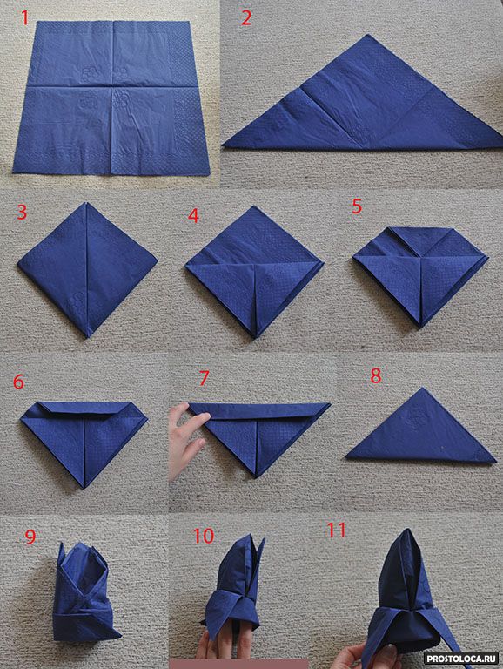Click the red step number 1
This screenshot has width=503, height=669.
click(24, 18)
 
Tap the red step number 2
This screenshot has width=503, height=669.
click(246, 18)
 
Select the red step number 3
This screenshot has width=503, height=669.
click(22, 212)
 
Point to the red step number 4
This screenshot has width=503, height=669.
click(193, 216)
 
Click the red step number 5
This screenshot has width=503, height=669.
click(357, 206)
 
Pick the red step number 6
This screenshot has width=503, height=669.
click(18, 382)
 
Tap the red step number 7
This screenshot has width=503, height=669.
click(205, 378)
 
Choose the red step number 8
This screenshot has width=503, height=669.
click(376, 376)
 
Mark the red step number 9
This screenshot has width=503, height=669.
click(30, 537)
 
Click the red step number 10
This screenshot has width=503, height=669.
click(204, 536)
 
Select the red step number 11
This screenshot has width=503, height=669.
click(336, 530)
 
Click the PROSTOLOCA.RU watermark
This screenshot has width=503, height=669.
click(462, 659)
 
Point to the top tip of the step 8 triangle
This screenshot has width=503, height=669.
click(422, 388)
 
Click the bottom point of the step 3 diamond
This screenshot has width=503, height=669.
click(88, 337)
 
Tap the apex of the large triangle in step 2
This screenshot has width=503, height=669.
click(367, 36)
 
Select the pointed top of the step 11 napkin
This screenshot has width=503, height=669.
click(406, 530)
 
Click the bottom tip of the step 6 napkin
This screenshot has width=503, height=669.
click(84, 487)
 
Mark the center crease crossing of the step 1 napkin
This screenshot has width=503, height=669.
click(111, 87)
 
